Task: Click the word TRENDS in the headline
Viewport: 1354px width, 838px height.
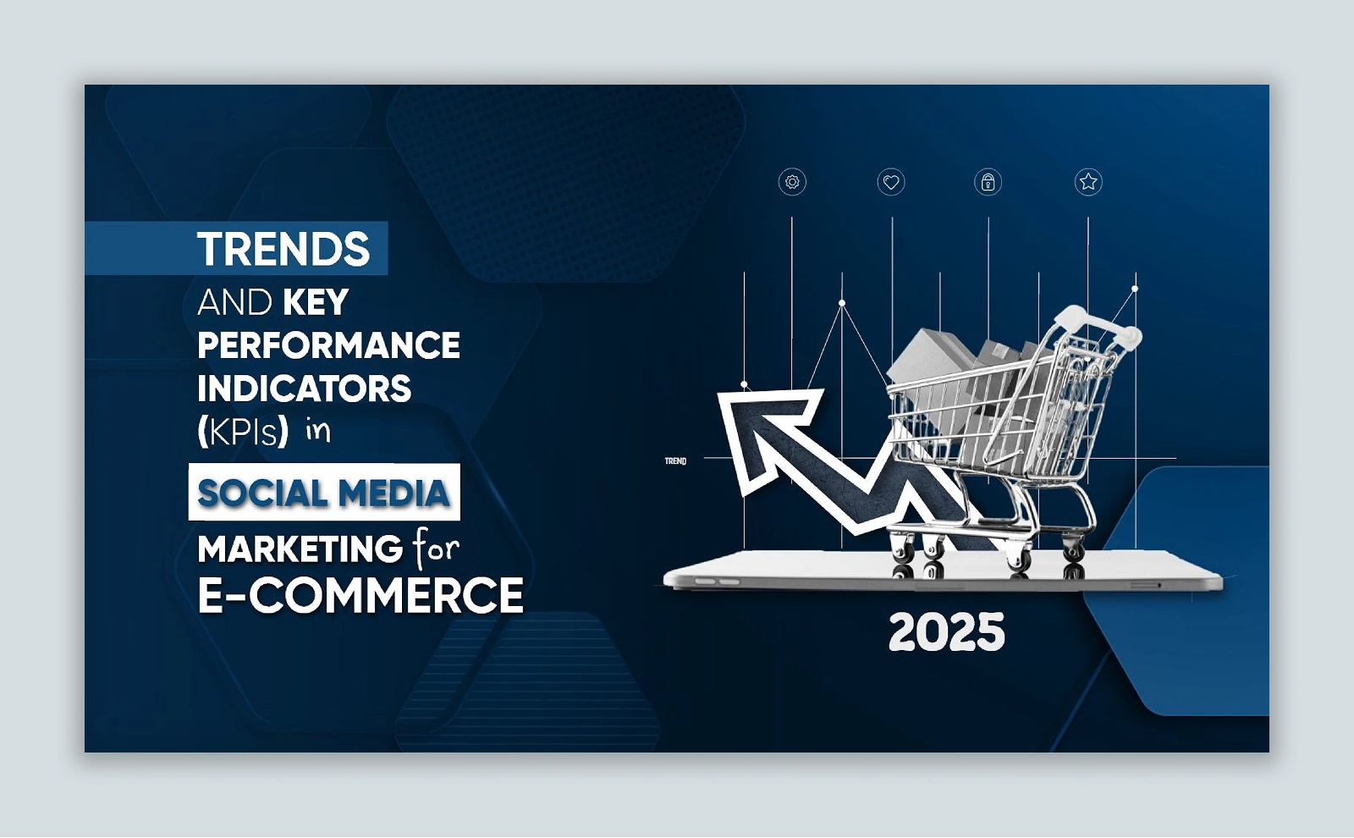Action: point(283,249)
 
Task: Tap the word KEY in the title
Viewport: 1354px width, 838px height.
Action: point(316,301)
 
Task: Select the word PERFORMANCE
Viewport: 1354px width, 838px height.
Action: point(329,345)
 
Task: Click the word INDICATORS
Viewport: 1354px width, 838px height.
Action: point(304,389)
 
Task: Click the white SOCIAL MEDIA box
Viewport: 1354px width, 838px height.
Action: point(324,492)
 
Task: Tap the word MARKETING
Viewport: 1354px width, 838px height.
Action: point(300,549)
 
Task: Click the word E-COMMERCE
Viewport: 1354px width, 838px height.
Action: point(361,595)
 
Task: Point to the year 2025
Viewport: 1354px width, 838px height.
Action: point(947,632)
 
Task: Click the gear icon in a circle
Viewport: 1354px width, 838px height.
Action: point(792,182)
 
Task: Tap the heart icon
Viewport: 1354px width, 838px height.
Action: point(891,182)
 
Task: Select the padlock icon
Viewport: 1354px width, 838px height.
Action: point(988,182)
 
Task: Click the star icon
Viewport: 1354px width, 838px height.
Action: point(1088,181)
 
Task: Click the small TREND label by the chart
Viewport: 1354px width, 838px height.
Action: point(676,461)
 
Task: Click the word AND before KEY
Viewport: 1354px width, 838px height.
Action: point(234,301)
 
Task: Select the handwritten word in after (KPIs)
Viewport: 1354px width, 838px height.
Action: point(318,430)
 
